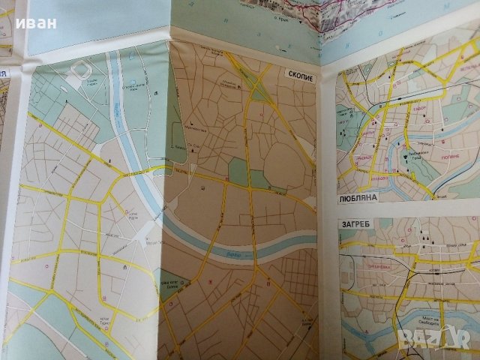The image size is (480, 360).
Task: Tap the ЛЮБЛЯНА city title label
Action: (x=356, y=202)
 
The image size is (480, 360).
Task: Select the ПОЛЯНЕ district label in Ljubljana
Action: (x=457, y=159)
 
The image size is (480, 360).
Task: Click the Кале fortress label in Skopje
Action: (x=179, y=147)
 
